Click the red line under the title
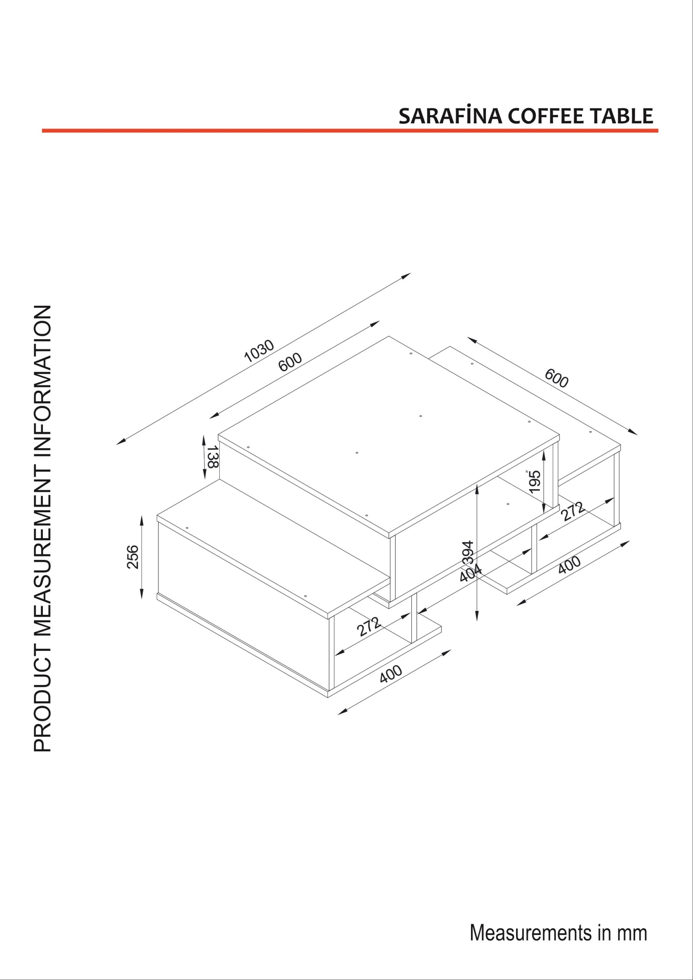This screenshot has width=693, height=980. tap(350, 131)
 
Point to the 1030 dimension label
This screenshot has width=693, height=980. tap(259, 351)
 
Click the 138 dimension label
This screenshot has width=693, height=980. tap(212, 457)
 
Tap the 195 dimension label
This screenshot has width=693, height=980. tap(534, 482)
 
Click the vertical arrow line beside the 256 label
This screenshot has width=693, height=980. tap(142, 557)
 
